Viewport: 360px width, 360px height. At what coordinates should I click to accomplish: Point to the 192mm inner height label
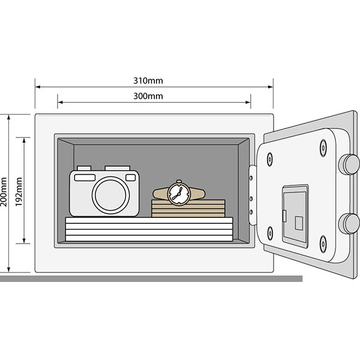click(x=18, y=191)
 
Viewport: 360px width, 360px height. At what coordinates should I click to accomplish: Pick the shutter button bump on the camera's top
click(x=85, y=168)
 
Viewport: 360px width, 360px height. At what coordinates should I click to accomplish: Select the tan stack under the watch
click(x=188, y=208)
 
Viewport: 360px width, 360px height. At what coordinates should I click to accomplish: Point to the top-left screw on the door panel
click(x=269, y=158)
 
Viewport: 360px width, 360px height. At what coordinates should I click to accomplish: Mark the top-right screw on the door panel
click(x=323, y=145)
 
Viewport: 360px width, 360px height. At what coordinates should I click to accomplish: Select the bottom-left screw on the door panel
click(x=269, y=231)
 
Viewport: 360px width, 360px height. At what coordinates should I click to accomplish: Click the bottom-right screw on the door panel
click(x=323, y=242)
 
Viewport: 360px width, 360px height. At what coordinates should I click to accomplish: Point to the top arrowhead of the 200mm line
click(x=9, y=117)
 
